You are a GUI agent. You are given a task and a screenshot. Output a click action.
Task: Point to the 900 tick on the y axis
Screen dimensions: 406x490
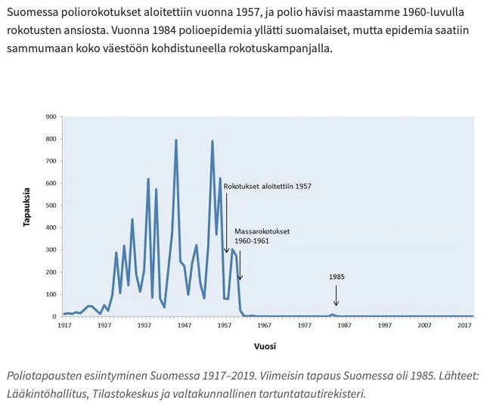click(x=51, y=116)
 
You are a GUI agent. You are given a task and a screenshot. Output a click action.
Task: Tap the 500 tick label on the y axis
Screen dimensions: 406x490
click(x=51, y=206)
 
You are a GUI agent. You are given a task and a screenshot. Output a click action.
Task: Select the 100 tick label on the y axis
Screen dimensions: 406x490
click(x=51, y=294)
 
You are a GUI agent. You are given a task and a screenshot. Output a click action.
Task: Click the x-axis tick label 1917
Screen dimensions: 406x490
click(x=64, y=326)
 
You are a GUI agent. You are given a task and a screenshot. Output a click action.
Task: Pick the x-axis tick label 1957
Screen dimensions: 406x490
click(x=225, y=326)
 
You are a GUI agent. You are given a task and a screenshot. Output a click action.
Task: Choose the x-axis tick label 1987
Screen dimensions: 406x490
click(x=345, y=326)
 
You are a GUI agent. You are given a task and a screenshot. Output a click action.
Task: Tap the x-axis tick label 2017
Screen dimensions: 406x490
click(x=464, y=326)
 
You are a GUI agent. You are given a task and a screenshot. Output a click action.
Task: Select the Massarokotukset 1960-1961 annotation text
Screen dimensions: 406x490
click(x=262, y=235)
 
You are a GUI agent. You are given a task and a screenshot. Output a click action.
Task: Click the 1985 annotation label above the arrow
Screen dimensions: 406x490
click(x=336, y=277)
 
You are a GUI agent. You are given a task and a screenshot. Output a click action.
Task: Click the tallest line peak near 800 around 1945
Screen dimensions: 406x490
click(x=176, y=140)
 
